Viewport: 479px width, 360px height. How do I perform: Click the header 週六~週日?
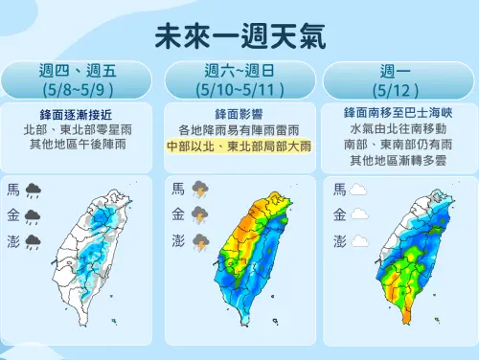point(239,72)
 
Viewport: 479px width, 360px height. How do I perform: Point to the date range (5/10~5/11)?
point(239,90)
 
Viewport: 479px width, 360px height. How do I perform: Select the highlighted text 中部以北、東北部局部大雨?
point(239,146)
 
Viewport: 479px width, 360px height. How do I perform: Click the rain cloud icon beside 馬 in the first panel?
point(34,190)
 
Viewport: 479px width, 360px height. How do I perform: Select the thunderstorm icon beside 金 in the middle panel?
point(200,214)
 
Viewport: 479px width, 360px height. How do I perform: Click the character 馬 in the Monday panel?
point(339,190)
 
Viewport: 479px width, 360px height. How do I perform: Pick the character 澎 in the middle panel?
point(178,239)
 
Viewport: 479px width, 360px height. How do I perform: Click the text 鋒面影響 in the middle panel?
point(239,114)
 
